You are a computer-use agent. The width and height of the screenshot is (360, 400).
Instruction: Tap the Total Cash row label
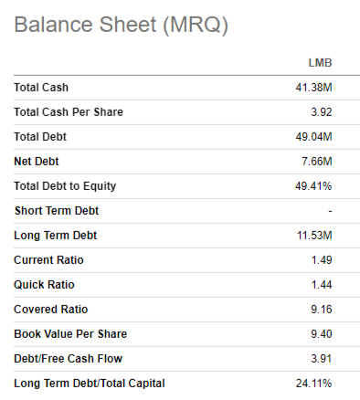click(x=41, y=88)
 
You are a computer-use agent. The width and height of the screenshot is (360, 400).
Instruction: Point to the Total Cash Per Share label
click(x=69, y=112)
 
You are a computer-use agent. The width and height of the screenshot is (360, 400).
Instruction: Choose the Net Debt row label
click(x=37, y=162)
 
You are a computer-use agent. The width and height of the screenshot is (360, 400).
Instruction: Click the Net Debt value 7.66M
click(x=316, y=162)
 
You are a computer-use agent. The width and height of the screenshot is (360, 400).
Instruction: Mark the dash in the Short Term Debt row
click(x=330, y=211)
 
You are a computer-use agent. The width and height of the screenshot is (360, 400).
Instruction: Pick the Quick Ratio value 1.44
click(x=320, y=285)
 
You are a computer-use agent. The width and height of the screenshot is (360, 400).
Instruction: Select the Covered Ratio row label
click(x=49, y=310)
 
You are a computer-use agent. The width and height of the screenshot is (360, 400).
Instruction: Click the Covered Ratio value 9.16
click(x=320, y=310)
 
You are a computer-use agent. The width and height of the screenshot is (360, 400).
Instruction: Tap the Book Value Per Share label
click(x=69, y=334)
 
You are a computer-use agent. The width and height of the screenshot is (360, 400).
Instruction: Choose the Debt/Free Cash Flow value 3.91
click(x=320, y=359)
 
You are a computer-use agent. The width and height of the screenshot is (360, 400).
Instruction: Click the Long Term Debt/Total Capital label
click(x=90, y=384)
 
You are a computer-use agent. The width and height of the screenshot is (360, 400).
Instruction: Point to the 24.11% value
click(x=312, y=384)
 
